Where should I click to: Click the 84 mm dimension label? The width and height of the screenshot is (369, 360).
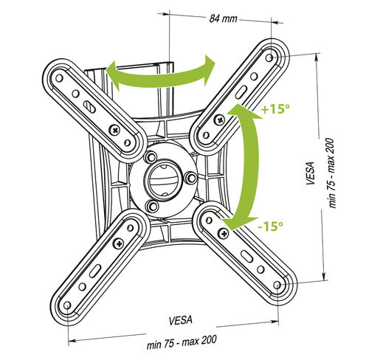coord(223,18)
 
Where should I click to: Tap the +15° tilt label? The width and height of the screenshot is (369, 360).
coord(275,109)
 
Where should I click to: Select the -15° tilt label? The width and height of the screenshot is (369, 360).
coord(270,226)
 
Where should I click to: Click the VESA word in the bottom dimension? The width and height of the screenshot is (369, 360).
coord(181,320)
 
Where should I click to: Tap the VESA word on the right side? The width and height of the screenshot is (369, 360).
coord(310,173)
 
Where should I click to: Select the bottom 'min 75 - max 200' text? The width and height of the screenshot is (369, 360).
coord(182,342)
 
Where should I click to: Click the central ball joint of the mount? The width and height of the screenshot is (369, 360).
coord(162,178)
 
